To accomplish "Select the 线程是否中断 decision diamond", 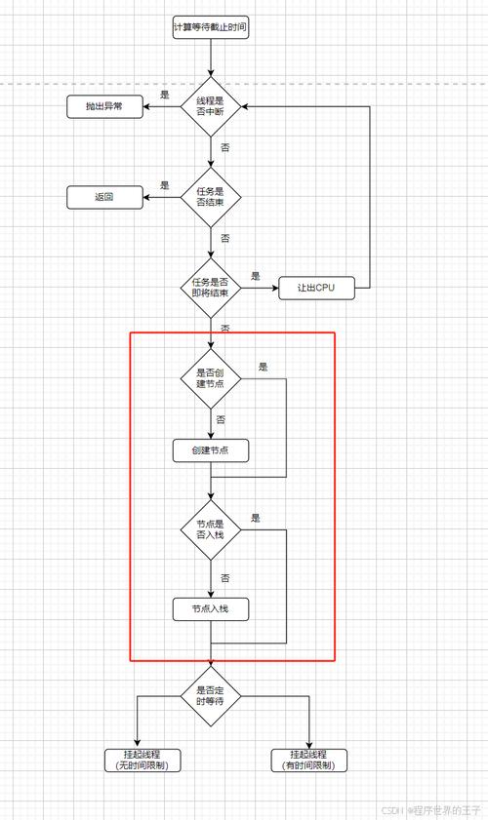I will [210, 107].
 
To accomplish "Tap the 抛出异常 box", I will [105, 107].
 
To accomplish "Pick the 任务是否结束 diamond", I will [210, 198].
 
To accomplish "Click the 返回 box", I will [105, 198].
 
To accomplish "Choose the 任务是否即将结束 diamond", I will [210, 288].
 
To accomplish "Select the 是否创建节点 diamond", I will [210, 377].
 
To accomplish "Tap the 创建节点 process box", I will [210, 451].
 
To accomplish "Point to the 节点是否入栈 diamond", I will [210, 529].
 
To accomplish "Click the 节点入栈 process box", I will [210, 609].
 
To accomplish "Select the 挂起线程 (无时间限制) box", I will [137, 760].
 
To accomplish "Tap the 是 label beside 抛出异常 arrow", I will [165, 95].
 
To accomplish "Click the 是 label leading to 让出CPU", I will [256, 275].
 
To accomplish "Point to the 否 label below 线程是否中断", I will [225, 147].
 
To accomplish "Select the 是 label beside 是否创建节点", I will [264, 367].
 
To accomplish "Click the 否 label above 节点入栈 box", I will [225, 578].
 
